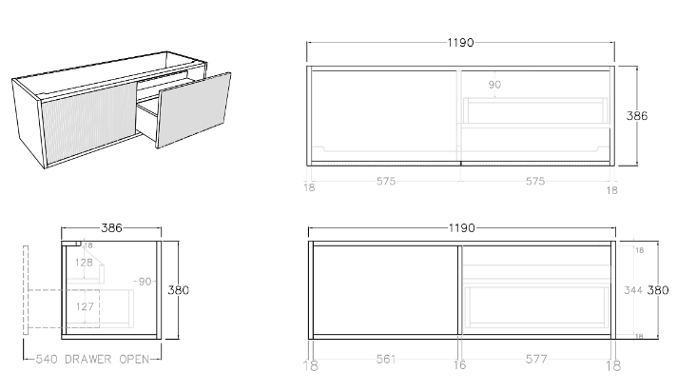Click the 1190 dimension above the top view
click(460, 43)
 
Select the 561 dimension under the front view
click(384, 360)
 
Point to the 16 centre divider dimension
click(459, 364)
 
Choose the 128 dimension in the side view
click(85, 263)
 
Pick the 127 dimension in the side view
click(85, 306)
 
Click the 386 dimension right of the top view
click(637, 115)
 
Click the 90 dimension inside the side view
click(145, 282)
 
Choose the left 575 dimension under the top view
click(385, 181)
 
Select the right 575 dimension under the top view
click(534, 181)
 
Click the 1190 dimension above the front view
click(460, 228)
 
